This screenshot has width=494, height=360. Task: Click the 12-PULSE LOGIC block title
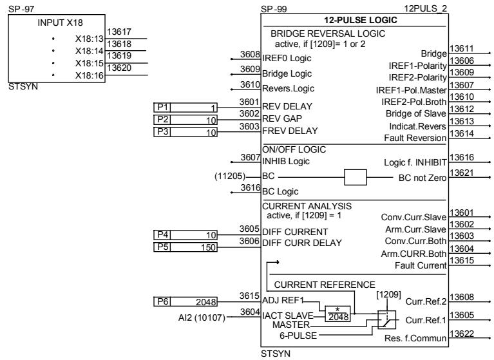[354, 20]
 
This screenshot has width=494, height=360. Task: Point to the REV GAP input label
[283, 118]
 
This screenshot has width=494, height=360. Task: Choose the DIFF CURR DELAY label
[301, 242]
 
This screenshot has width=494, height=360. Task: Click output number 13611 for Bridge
[460, 48]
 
